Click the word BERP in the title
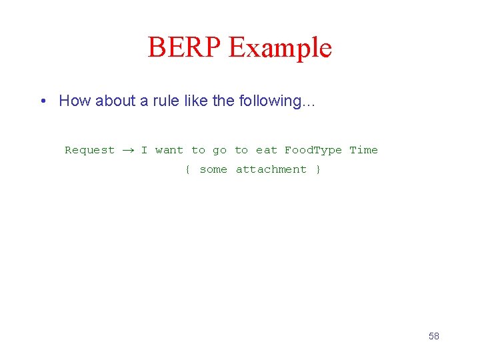(184, 48)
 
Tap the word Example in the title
(280, 48)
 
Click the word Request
(89, 151)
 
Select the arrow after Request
(127, 151)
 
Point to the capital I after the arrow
(144, 150)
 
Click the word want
(169, 150)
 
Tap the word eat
(266, 150)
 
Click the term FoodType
(313, 151)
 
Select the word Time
(363, 150)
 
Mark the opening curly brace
(187, 169)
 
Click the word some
(213, 169)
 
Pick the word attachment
(271, 169)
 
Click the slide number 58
(434, 336)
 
